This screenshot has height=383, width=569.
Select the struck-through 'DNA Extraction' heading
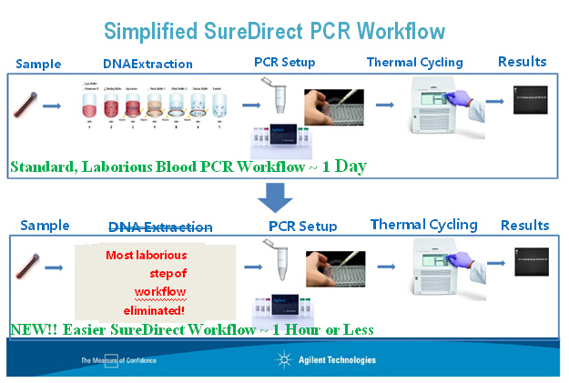pyautogui.click(x=160, y=227)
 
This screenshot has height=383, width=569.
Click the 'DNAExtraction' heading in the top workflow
pyautogui.click(x=147, y=65)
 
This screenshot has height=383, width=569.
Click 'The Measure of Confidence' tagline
pyautogui.click(x=118, y=360)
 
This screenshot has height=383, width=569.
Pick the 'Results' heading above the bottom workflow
pyautogui.click(x=524, y=225)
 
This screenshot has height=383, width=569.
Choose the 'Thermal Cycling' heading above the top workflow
pyautogui.click(x=414, y=63)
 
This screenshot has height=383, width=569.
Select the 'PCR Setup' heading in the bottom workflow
pyautogui.click(x=302, y=227)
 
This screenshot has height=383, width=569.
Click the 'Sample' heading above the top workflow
pyautogui.click(x=39, y=64)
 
